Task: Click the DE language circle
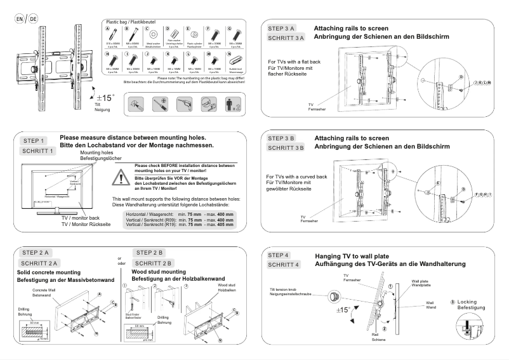coord(32,19)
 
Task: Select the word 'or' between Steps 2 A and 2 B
coord(120,258)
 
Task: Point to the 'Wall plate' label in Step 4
coord(421,280)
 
